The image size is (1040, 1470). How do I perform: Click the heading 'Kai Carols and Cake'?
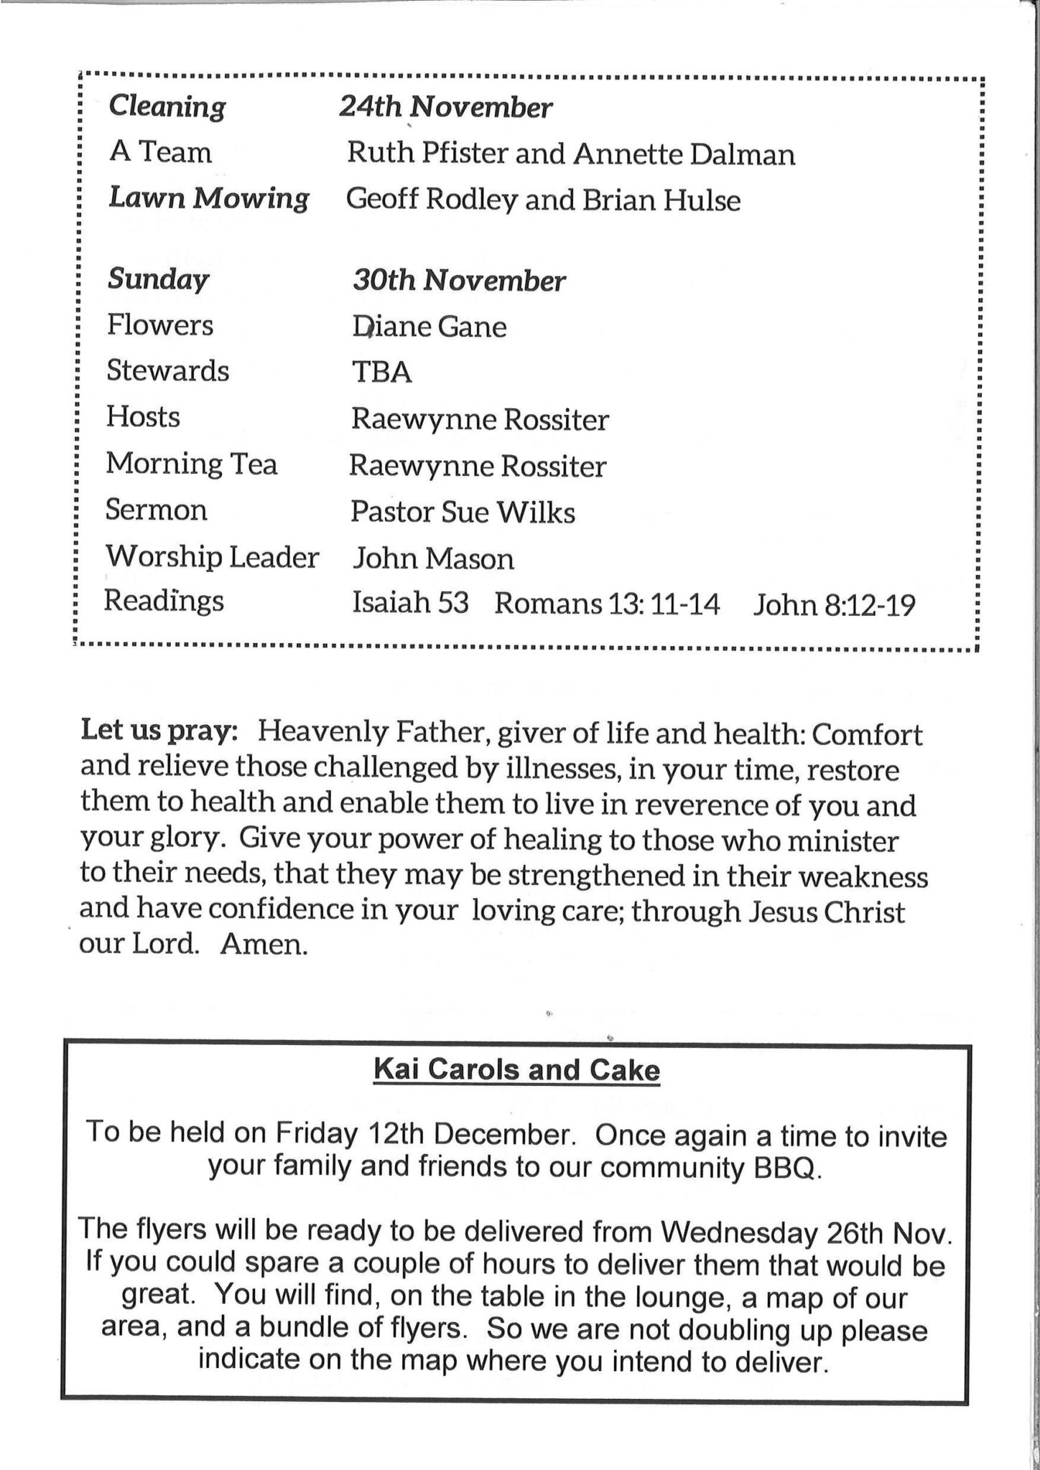point(516,1070)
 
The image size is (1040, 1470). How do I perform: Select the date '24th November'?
point(445,108)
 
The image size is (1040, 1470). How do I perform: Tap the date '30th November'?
point(458,281)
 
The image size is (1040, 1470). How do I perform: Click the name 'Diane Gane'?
point(429,327)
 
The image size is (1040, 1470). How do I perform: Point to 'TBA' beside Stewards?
point(381,373)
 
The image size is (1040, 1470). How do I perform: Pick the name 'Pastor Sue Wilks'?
point(463,512)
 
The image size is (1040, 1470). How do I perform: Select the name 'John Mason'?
point(433,558)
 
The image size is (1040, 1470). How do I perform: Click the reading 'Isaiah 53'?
point(410,604)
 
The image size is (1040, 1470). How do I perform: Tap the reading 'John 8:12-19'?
point(835,606)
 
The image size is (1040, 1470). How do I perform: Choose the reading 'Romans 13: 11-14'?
point(607,604)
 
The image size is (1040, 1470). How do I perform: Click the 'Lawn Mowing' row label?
point(208,198)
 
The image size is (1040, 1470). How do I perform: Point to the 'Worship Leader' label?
point(213,556)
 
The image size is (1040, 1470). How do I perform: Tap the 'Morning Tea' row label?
point(192,464)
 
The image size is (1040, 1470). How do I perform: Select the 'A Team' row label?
point(161,152)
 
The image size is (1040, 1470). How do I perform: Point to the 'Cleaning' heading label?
point(167,107)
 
